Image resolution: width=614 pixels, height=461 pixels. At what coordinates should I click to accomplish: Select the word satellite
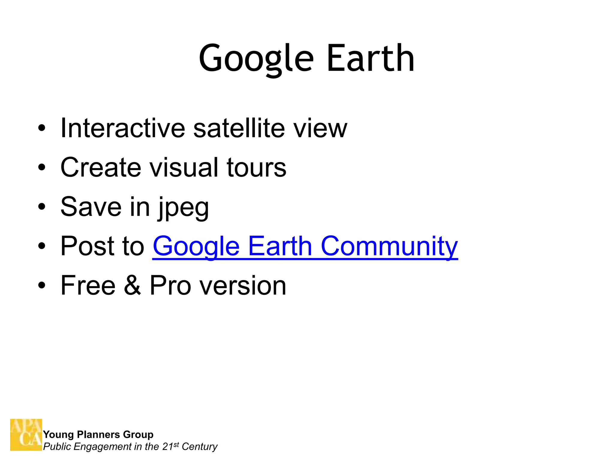[x=239, y=128]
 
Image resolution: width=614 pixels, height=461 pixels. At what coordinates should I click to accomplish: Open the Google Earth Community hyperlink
[x=305, y=246]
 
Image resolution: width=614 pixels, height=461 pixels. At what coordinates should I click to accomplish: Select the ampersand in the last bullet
[x=132, y=285]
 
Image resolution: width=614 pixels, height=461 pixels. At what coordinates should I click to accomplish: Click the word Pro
[x=170, y=285]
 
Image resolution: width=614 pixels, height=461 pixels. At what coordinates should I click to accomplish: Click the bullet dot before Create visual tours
[x=42, y=167]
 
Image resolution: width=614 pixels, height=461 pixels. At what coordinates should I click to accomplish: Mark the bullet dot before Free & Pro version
[x=42, y=285]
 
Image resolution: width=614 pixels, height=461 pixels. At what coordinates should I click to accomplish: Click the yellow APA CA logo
[x=26, y=435]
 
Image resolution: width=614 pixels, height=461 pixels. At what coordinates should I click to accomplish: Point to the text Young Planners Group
[x=98, y=434]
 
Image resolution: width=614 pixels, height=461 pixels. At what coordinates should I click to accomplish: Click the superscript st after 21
[x=176, y=444]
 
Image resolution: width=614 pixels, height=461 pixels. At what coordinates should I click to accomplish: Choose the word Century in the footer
[x=199, y=447]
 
